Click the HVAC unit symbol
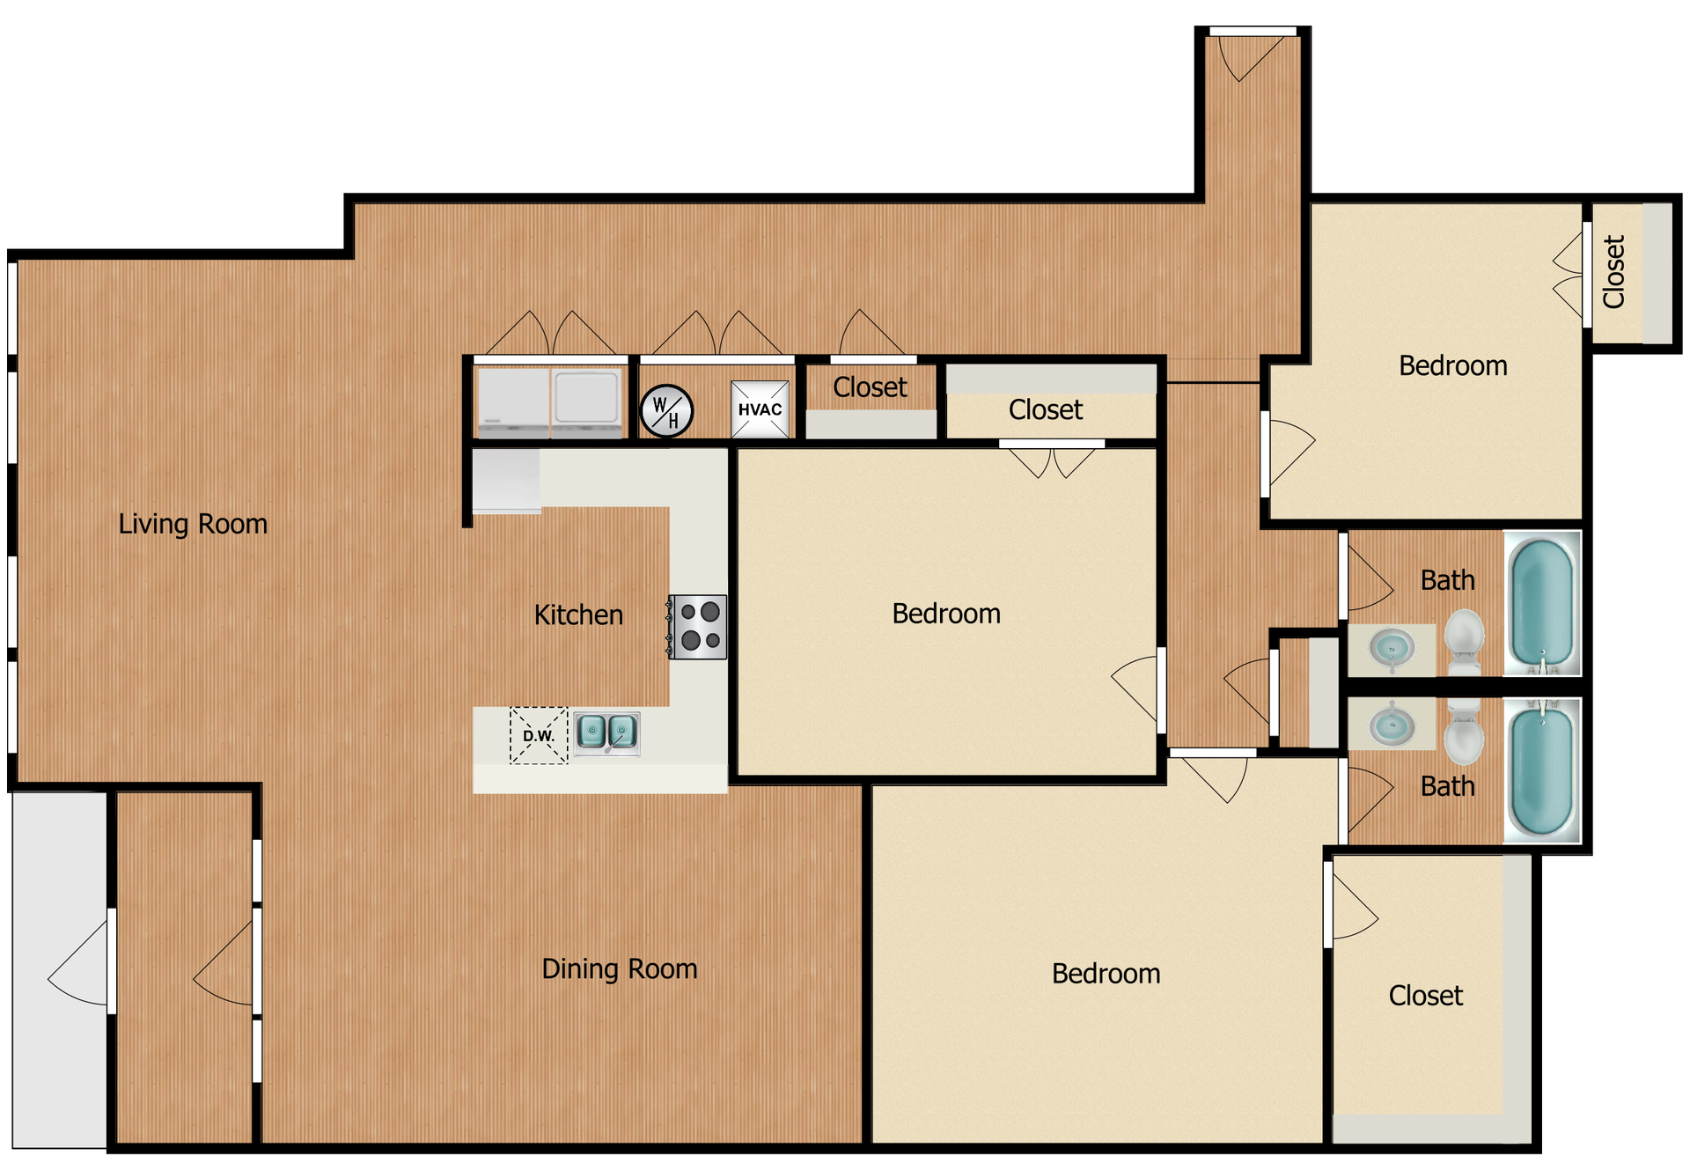[x=760, y=409]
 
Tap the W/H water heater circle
[x=666, y=411]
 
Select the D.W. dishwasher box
[x=539, y=735]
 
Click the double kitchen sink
[x=607, y=732]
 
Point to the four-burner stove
[x=698, y=627]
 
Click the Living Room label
[x=193, y=524]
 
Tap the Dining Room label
[x=619, y=968]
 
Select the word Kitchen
[x=578, y=615]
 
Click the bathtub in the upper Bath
[x=1541, y=603]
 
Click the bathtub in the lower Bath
[x=1541, y=771]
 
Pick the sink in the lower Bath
[x=1392, y=725]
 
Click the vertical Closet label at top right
[x=1613, y=272]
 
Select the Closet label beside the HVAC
[x=870, y=387]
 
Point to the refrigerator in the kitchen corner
[x=506, y=481]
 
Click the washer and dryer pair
[x=549, y=402]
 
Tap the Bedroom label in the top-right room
[x=1452, y=365]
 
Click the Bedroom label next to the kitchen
[x=946, y=614]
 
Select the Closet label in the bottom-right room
[x=1425, y=996]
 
